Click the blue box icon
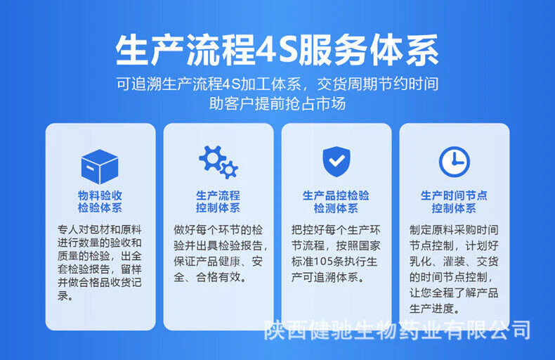[100, 166]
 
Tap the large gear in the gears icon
[211, 158]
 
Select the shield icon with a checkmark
[337, 162]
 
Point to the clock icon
[454, 162]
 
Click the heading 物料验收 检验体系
[100, 201]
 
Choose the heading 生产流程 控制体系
[218, 201]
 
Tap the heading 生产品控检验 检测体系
[336, 201]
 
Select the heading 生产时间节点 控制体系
[454, 201]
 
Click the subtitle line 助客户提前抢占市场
[277, 104]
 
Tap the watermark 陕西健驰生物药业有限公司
[397, 330]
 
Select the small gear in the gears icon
[229, 169]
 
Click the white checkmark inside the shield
[337, 161]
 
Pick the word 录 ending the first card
[63, 295]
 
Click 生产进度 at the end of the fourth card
[432, 309]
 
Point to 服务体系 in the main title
[368, 50]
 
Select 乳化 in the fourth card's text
[420, 262]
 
